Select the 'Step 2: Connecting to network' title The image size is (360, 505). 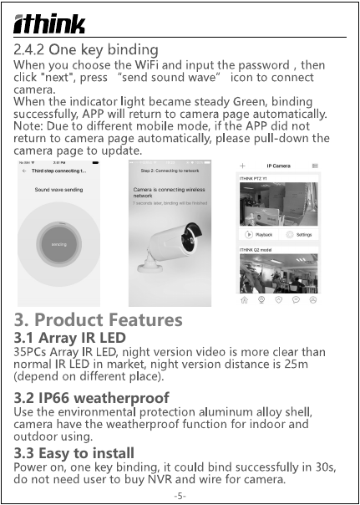[x=171, y=170]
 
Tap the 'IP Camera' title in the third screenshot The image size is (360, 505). [x=278, y=166]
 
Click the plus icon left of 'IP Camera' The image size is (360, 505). [x=243, y=166]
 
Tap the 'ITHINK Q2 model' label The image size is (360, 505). [x=257, y=249]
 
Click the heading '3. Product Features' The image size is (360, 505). [x=98, y=319]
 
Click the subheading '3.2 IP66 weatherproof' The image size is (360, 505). [x=92, y=396]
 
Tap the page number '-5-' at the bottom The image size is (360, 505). [x=180, y=496]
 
